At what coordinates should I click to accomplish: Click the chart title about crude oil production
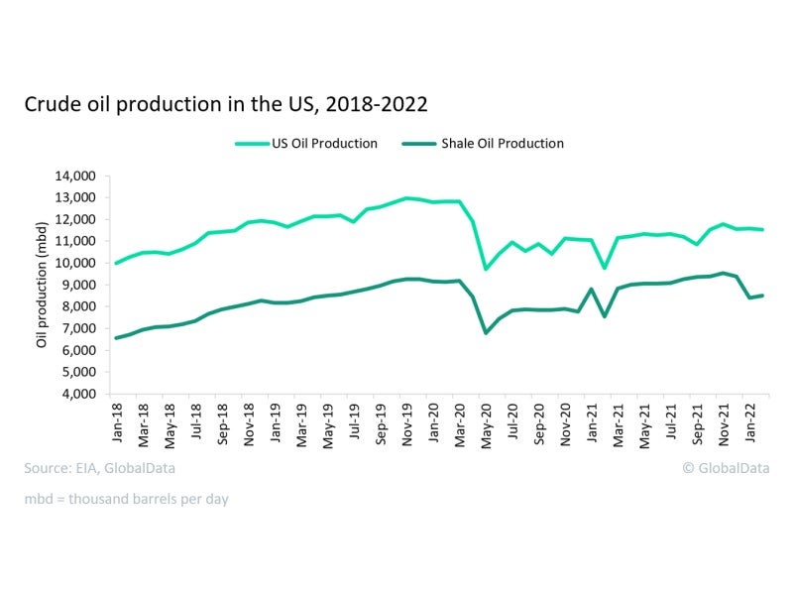coord(226,104)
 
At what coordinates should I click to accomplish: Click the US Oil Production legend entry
coord(306,144)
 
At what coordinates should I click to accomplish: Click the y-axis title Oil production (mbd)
coord(42,285)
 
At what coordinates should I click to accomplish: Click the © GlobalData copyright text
coord(728,467)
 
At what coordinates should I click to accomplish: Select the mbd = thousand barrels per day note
coord(127,499)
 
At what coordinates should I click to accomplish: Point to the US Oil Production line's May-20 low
coord(486,269)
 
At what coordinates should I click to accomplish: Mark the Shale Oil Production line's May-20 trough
coord(486,332)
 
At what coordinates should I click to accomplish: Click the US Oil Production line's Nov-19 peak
coord(406,198)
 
